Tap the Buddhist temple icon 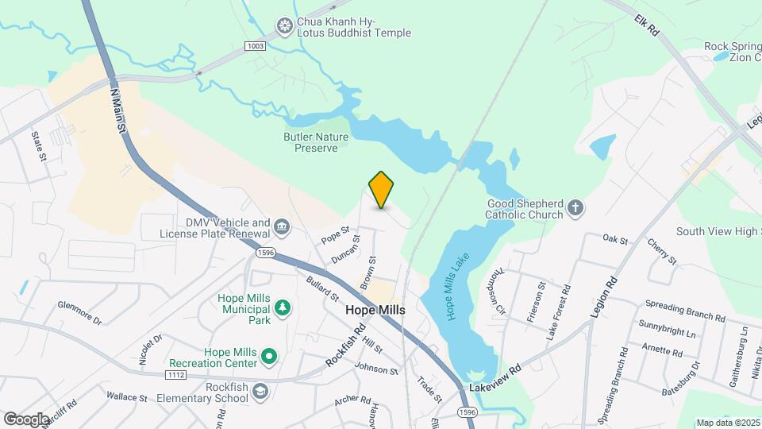pyautogui.click(x=285, y=27)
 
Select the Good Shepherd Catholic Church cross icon pyautogui.click(x=576, y=209)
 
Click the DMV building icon pyautogui.click(x=281, y=229)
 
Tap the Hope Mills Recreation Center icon pyautogui.click(x=269, y=357)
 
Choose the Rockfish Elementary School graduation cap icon pyautogui.click(x=260, y=391)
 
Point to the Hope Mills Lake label pyautogui.click(x=458, y=286)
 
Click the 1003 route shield pyautogui.click(x=255, y=47)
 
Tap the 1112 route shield pyautogui.click(x=176, y=374)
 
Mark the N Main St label pyautogui.click(x=119, y=110)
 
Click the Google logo pyautogui.click(x=26, y=419)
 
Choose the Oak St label pyautogui.click(x=615, y=239)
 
